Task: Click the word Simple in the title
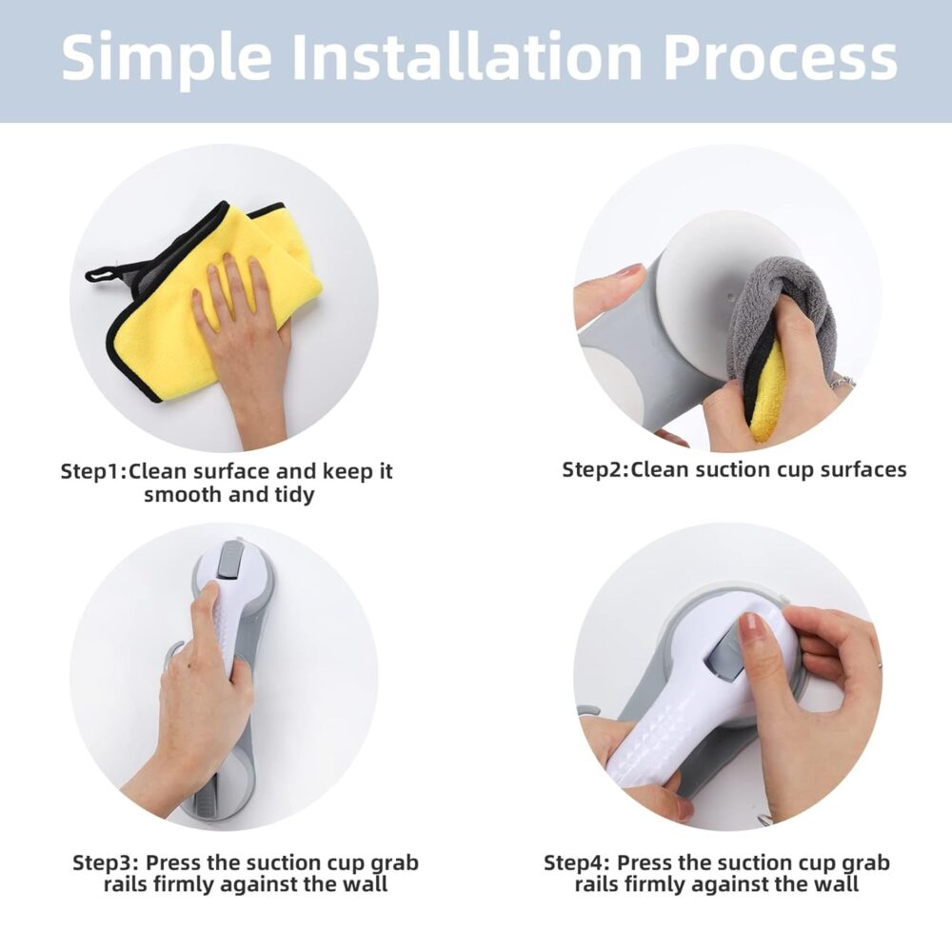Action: [x=166, y=58]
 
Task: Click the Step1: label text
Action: [x=94, y=472]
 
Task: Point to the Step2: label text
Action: [x=596, y=469]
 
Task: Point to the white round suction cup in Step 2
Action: [x=703, y=290]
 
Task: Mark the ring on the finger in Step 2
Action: [x=843, y=383]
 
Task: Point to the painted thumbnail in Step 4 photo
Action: [x=750, y=630]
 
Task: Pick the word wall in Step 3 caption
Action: [x=365, y=883]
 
